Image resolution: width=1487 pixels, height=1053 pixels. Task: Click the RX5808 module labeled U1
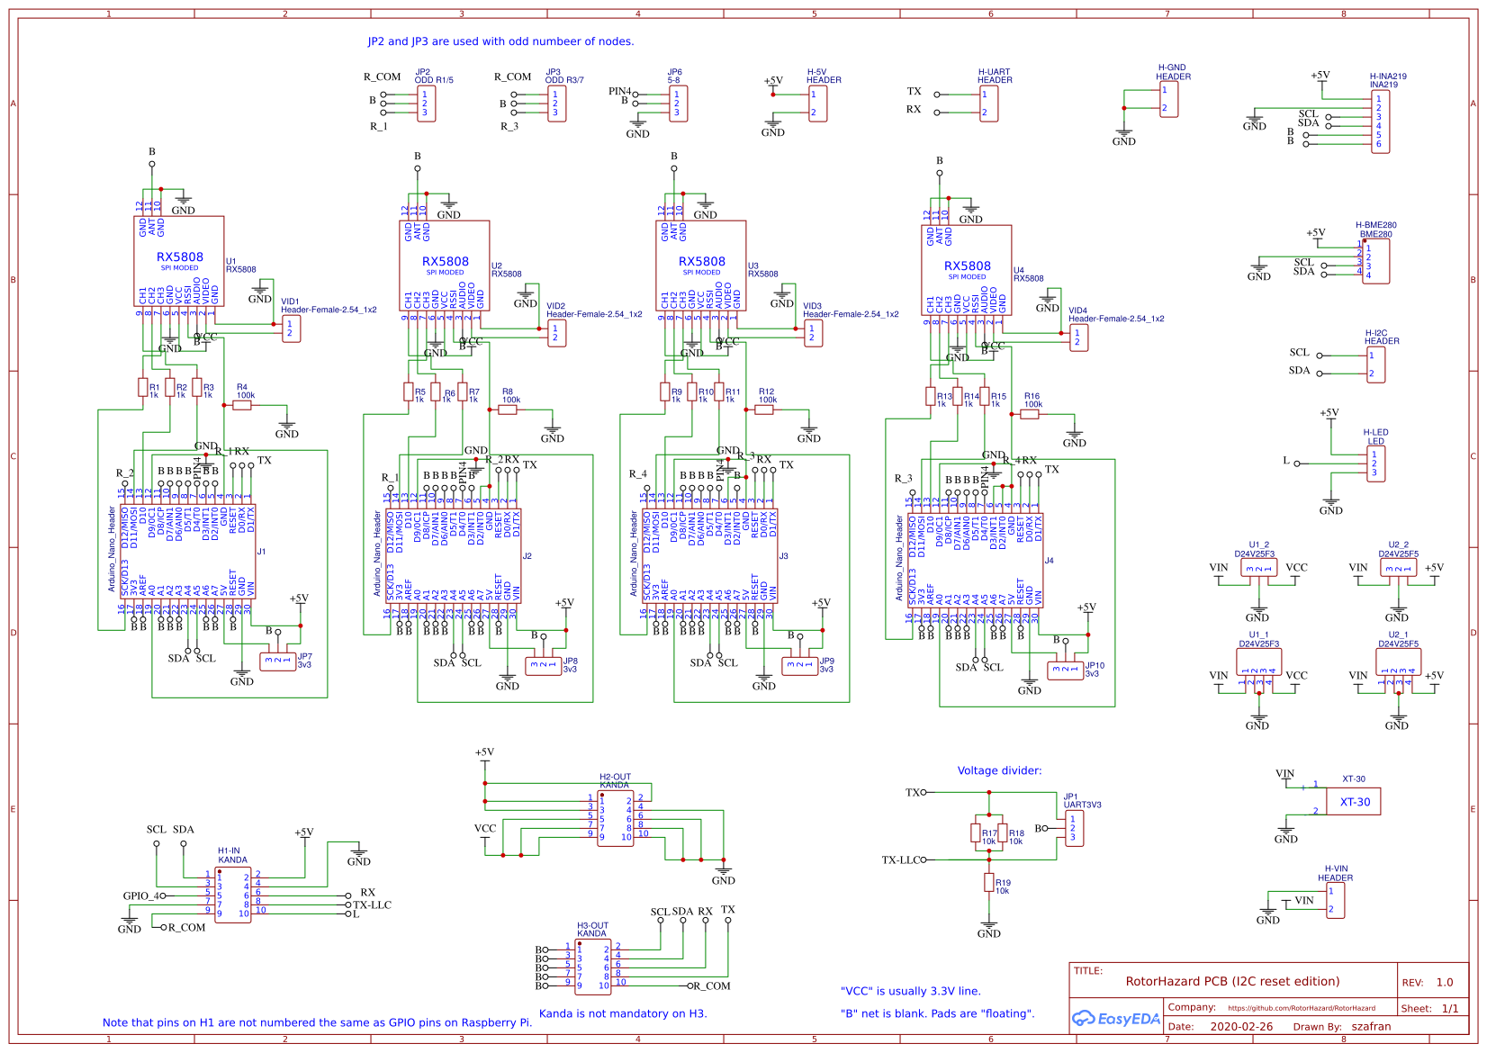pyautogui.click(x=179, y=261)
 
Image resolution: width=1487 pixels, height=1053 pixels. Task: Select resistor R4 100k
pyautogui.click(x=242, y=405)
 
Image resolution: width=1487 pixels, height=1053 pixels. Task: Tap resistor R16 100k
pyautogui.click(x=1030, y=414)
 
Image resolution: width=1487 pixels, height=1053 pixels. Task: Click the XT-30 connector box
pyautogui.click(x=1355, y=801)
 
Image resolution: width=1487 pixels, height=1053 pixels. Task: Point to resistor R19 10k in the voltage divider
pyautogui.click(x=988, y=883)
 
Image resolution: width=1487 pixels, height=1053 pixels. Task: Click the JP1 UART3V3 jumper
pyautogui.click(x=1074, y=829)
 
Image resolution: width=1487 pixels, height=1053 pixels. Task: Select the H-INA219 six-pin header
pyautogui.click(x=1380, y=121)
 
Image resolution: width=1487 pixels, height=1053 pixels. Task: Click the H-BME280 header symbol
pyautogui.click(x=1375, y=261)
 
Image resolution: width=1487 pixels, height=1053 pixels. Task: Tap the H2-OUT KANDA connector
pyautogui.click(x=616, y=817)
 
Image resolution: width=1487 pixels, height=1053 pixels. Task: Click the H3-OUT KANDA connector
pyautogui.click(x=592, y=967)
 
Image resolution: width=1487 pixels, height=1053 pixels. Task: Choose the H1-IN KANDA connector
pyautogui.click(x=233, y=894)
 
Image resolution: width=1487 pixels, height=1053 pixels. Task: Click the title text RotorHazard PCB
pyautogui.click(x=1231, y=981)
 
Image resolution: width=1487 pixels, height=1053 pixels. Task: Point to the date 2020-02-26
pyautogui.click(x=1241, y=1026)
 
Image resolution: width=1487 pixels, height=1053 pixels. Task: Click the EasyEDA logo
pyautogui.click(x=1115, y=1019)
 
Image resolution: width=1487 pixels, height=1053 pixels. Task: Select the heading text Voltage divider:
pyautogui.click(x=999, y=770)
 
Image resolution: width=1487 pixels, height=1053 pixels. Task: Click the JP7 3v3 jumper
pyautogui.click(x=278, y=661)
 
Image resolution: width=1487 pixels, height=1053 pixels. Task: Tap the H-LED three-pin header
pyautogui.click(x=1374, y=463)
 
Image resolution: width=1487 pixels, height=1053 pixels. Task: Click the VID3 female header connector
pyautogui.click(x=813, y=333)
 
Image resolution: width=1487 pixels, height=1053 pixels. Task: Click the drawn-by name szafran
pyautogui.click(x=1371, y=1026)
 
